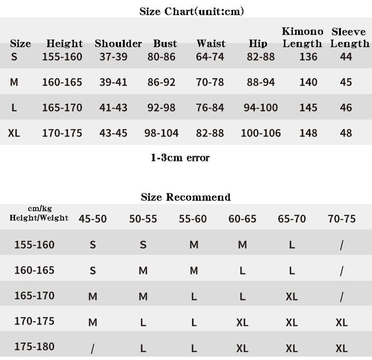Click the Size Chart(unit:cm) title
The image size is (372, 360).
coord(192,11)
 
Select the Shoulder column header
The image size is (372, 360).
coord(118,44)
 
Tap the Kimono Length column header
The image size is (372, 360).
coord(302,38)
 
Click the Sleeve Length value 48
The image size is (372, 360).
coord(346,133)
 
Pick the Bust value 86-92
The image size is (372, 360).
coord(161,82)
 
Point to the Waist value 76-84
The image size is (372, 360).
coord(210,108)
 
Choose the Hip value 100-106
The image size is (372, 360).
coord(260,133)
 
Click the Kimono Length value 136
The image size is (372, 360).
coord(308,57)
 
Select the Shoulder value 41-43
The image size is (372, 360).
coord(113,108)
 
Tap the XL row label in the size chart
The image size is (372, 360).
coord(14,133)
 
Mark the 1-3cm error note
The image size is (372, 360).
coord(180,158)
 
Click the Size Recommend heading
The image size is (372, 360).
coord(185,197)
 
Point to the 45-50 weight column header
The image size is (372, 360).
coord(92,219)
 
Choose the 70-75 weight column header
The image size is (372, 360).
coord(342,219)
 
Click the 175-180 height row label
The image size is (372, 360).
coord(34,347)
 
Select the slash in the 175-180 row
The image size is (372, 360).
coord(92,348)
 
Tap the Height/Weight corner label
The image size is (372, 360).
coord(39,214)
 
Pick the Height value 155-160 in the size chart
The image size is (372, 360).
coord(62,57)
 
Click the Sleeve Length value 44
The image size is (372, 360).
coord(346,57)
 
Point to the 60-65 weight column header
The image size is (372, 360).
coord(242,219)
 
